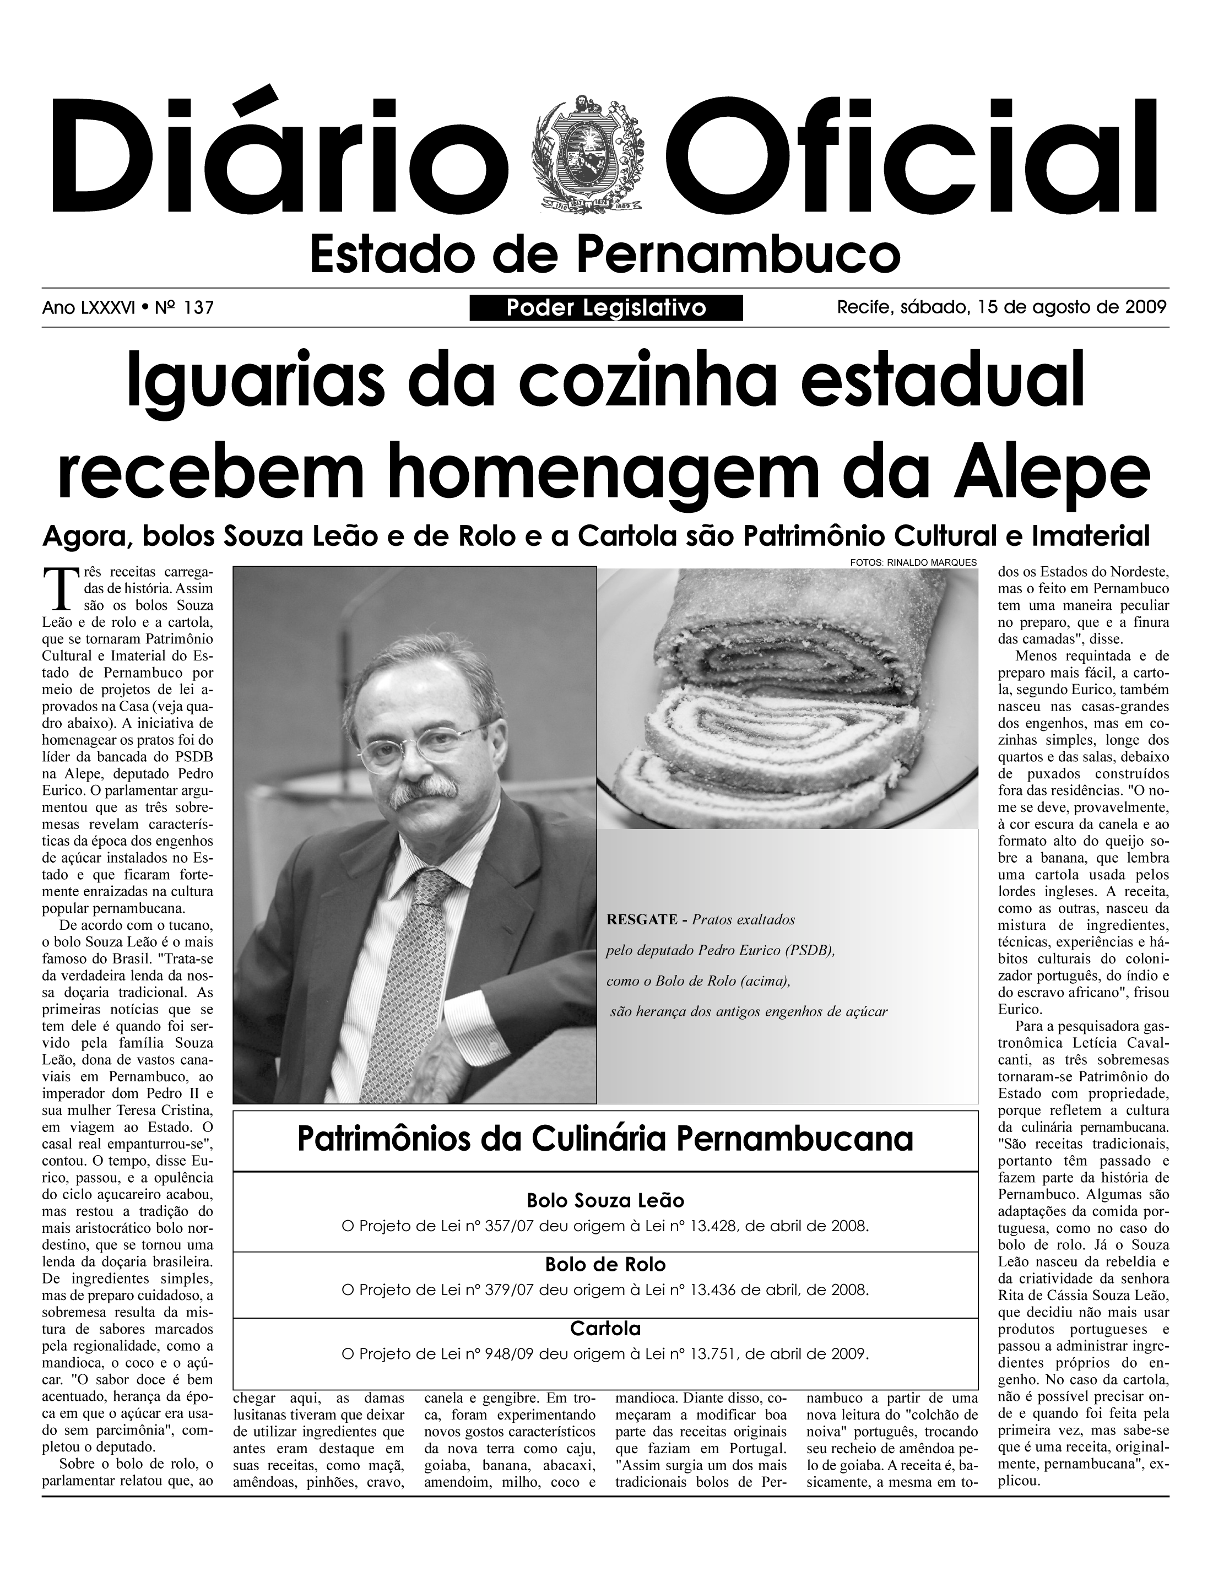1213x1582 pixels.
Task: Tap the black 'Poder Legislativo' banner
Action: tap(606, 308)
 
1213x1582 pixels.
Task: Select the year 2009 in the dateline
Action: tap(1146, 307)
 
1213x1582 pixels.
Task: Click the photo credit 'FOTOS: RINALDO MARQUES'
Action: tap(913, 562)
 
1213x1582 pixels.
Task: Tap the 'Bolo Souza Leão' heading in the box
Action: tap(605, 1201)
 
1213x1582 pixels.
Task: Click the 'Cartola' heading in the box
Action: tap(605, 1328)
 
